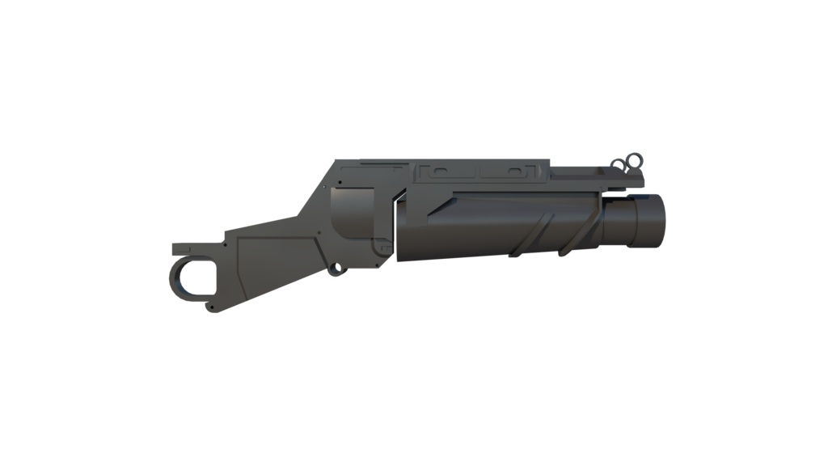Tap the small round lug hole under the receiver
pyautogui.click(x=333, y=267)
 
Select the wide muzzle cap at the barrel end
pyautogui.click(x=651, y=220)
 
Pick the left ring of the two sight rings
pyautogui.click(x=619, y=166)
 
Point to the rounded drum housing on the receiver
pyautogui.click(x=356, y=217)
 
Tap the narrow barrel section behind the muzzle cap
pyautogui.click(x=619, y=220)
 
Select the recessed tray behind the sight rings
pyautogui.click(x=578, y=172)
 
